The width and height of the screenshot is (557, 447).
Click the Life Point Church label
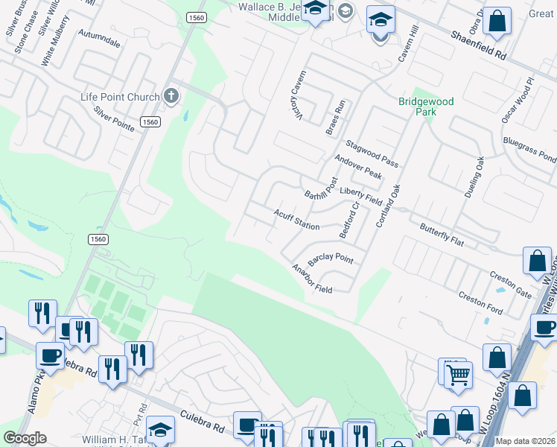(x=120, y=97)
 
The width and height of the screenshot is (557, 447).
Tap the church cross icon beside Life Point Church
(x=171, y=95)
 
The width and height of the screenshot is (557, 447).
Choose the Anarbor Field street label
(x=312, y=279)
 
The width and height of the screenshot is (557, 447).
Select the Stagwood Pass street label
(x=371, y=153)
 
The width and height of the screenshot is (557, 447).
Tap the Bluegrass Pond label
(x=529, y=149)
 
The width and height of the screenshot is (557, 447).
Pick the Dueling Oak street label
(x=474, y=177)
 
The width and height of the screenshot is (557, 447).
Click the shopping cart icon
(x=458, y=374)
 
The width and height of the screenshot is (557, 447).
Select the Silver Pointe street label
(x=114, y=118)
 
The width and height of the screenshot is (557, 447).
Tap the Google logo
(x=25, y=438)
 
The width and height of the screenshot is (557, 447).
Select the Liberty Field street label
(x=360, y=197)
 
